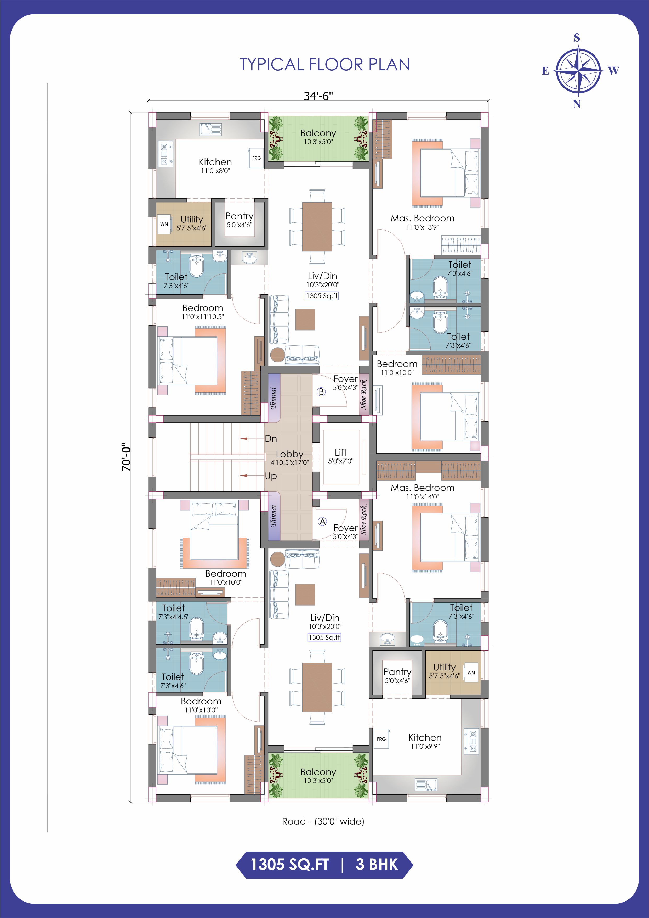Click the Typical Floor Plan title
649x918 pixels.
324,64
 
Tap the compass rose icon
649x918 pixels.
578,71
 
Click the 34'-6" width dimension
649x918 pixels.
318,96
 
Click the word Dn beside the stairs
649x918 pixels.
271,439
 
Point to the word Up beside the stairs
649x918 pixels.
271,476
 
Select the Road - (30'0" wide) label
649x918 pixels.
323,821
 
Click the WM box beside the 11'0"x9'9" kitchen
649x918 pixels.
471,673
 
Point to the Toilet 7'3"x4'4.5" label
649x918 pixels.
173,612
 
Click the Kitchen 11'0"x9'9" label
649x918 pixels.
425,741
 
